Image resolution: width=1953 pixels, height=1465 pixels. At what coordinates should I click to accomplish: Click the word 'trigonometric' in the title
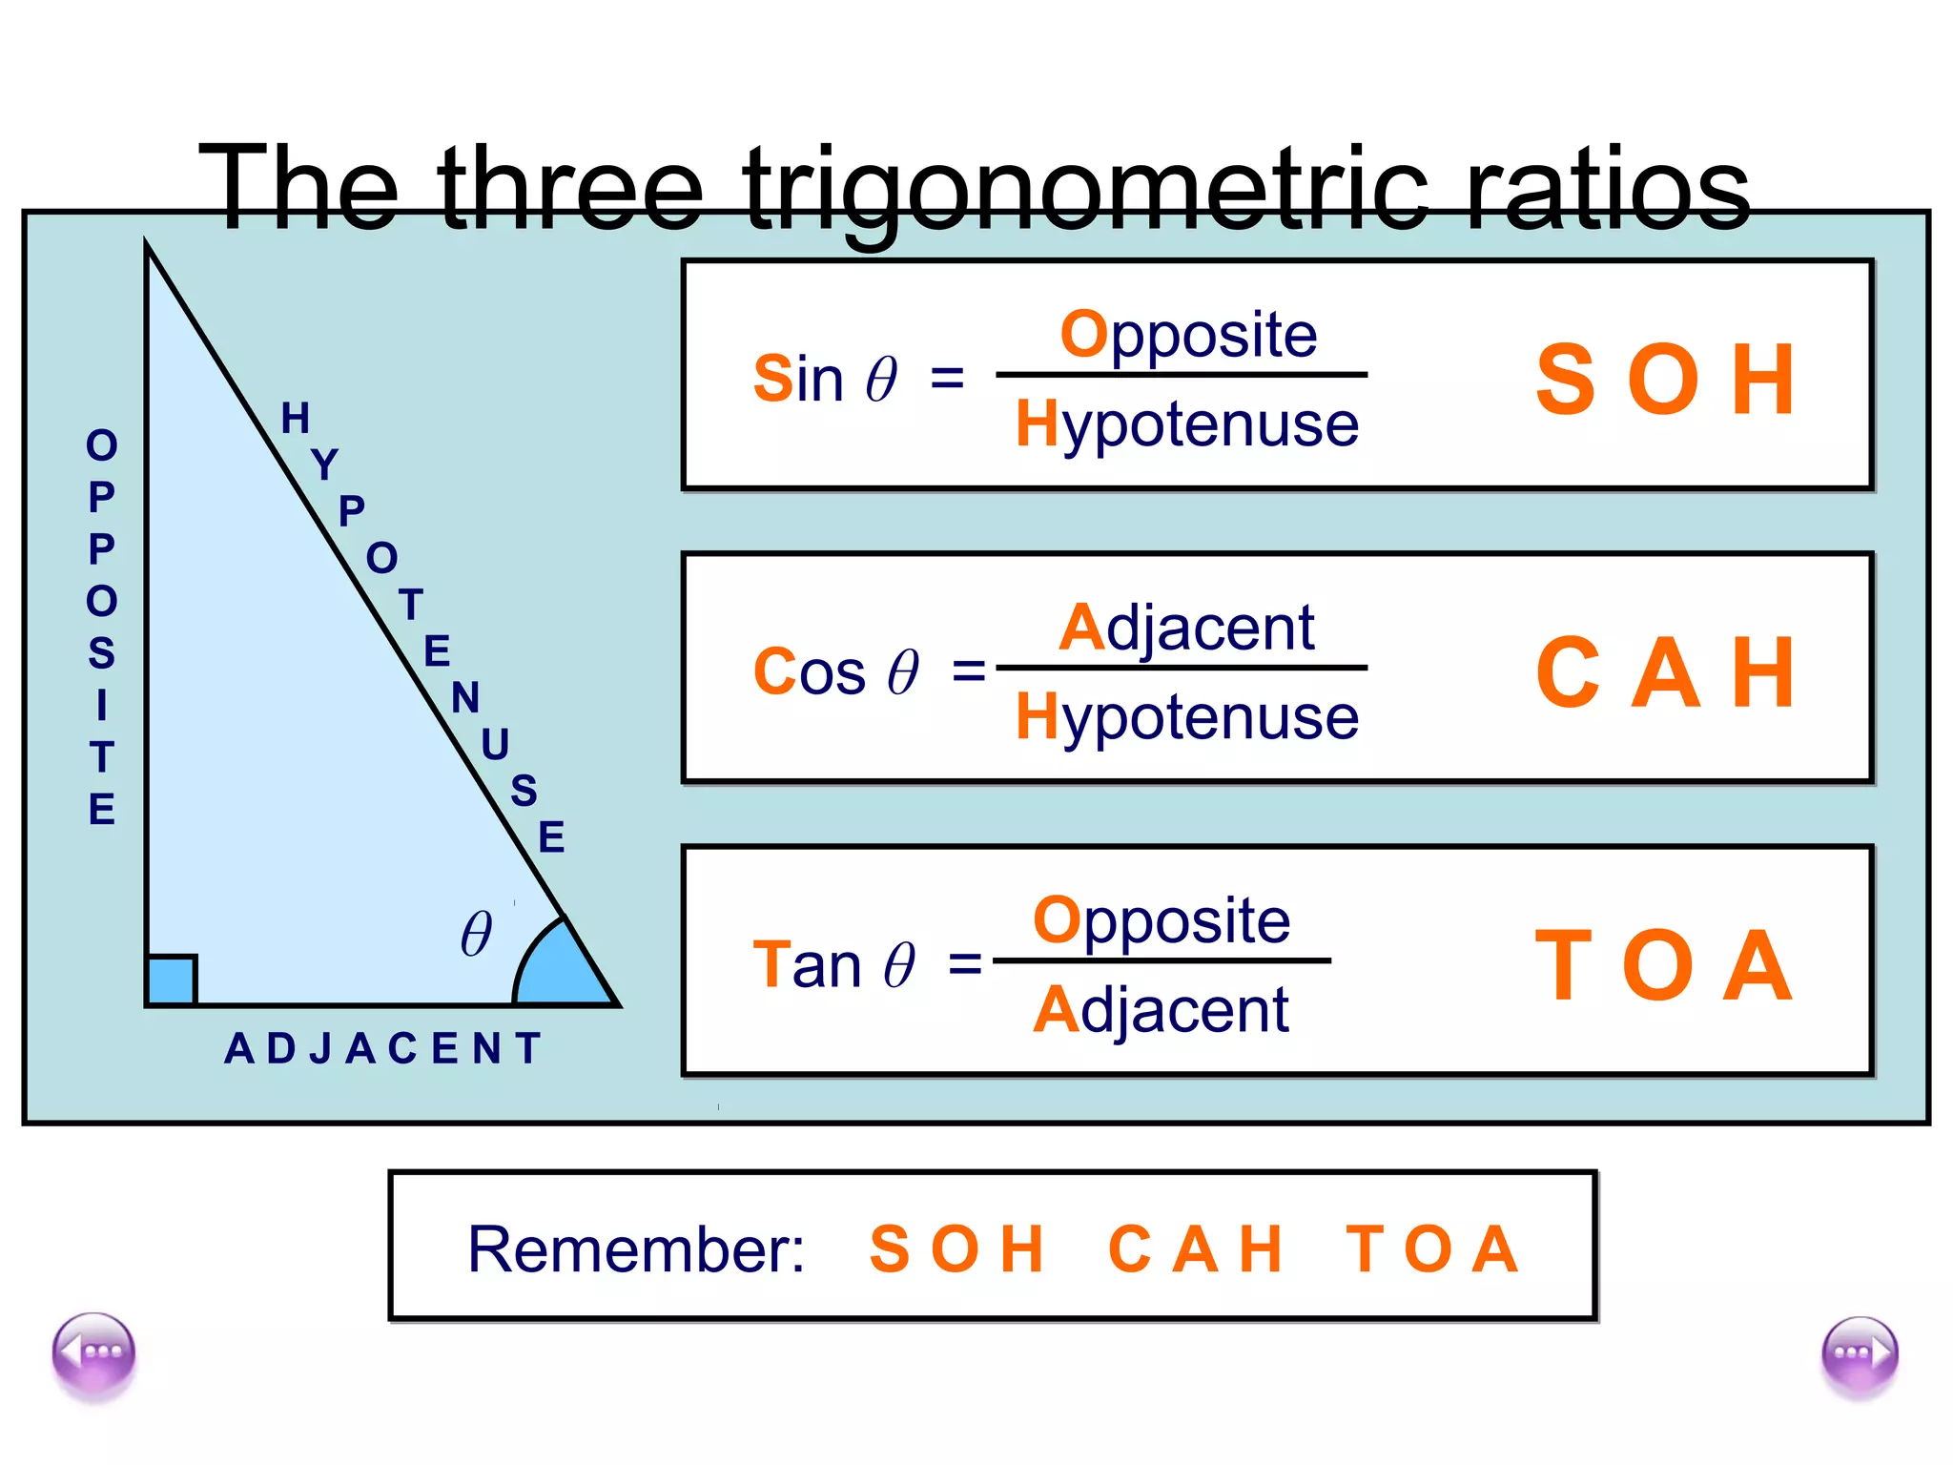(1085, 189)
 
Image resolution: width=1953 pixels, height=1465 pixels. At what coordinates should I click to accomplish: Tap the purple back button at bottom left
(93, 1352)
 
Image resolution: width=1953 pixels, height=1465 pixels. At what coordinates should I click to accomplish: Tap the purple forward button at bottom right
(1859, 1354)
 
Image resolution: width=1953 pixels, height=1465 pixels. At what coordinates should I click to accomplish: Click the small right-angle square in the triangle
(172, 980)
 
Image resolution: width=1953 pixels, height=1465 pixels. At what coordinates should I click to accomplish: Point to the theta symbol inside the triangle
(476, 934)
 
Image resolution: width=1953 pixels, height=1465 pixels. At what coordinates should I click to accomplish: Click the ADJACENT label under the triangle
(382, 1049)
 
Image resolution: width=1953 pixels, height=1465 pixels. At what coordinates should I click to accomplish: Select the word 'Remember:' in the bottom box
(636, 1248)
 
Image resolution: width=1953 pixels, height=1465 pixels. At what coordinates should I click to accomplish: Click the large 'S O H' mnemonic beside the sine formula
(1666, 380)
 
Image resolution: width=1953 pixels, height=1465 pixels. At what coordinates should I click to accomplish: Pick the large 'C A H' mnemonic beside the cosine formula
(1666, 672)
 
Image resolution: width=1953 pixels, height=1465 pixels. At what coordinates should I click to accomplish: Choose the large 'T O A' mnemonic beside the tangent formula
(1664, 966)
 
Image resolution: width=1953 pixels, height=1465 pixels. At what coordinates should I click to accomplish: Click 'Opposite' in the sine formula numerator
(1188, 334)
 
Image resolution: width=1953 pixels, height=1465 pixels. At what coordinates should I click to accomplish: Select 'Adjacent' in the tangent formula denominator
(1161, 1010)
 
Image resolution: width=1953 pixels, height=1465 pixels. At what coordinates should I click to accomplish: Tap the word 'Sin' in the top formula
(798, 379)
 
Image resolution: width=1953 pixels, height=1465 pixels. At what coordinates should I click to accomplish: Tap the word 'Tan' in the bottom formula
(806, 965)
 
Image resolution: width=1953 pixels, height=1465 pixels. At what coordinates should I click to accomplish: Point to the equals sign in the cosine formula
(969, 671)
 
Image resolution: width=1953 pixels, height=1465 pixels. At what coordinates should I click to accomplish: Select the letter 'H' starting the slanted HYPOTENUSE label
(296, 418)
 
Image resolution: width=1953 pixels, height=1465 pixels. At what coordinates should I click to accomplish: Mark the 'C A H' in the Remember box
(1195, 1248)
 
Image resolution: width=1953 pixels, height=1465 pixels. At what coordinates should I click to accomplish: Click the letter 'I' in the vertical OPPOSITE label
(101, 706)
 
